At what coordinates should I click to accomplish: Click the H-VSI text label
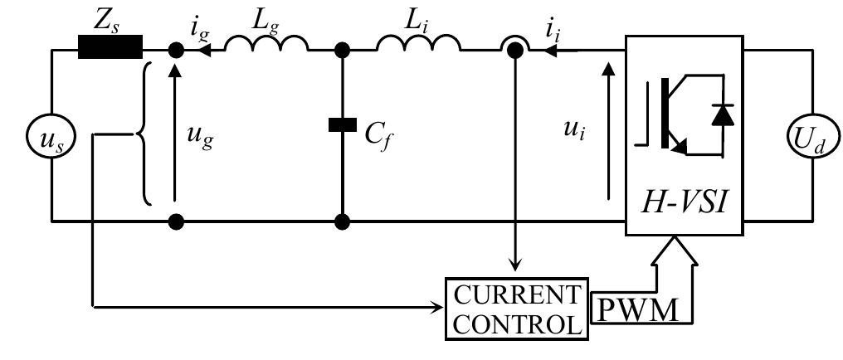click(685, 198)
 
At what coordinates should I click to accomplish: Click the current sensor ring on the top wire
click(514, 49)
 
